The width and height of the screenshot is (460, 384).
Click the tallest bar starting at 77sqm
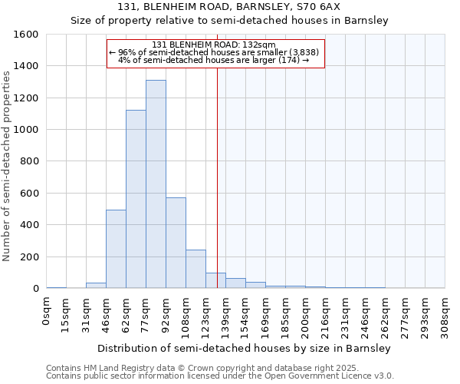[x=156, y=184]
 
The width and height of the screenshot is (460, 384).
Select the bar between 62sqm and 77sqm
[x=136, y=199]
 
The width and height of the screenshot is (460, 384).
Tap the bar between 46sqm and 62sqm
[x=116, y=249]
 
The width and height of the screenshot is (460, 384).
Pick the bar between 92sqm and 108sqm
[x=176, y=243]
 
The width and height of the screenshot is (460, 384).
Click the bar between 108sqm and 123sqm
[x=195, y=269]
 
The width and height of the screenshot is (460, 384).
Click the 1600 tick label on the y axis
[x=25, y=35]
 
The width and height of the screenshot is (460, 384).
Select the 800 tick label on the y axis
[x=28, y=161]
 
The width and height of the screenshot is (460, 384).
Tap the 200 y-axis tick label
[x=28, y=257]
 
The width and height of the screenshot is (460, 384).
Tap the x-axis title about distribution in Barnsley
[x=244, y=348]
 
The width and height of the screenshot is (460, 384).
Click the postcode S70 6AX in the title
[x=309, y=7]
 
